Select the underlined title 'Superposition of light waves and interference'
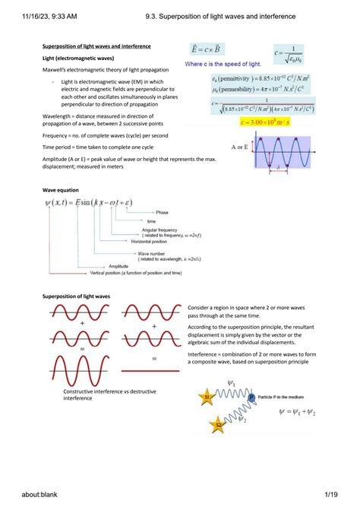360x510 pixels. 96,46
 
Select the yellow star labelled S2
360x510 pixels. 217,423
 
